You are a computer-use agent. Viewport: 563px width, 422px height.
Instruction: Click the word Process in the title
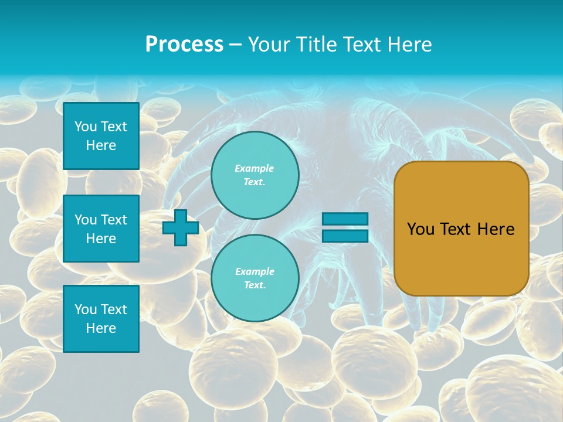click(184, 45)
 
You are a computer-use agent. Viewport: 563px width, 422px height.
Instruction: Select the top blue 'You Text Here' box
click(101, 136)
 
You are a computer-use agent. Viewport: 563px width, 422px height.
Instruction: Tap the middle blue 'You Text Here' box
click(101, 229)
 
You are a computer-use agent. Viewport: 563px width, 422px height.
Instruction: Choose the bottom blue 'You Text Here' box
click(101, 319)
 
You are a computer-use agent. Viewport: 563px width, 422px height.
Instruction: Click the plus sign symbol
click(181, 227)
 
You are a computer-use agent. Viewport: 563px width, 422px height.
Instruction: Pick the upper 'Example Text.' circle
click(255, 175)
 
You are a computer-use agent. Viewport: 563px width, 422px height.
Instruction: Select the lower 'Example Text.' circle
click(255, 278)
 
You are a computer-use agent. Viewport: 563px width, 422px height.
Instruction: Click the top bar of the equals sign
click(345, 219)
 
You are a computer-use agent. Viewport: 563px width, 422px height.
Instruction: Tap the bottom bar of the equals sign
click(345, 236)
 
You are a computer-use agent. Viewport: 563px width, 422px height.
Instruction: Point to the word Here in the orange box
click(496, 229)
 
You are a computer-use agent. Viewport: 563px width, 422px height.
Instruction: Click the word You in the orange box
click(420, 229)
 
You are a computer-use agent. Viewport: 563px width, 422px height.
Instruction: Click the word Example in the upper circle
click(255, 168)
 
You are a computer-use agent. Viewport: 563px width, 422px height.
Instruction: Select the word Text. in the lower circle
click(255, 285)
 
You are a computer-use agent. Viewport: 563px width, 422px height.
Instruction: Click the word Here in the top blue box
click(101, 145)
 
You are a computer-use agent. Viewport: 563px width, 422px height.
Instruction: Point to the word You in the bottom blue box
click(86, 309)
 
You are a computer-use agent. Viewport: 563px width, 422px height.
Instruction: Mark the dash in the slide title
click(235, 45)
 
